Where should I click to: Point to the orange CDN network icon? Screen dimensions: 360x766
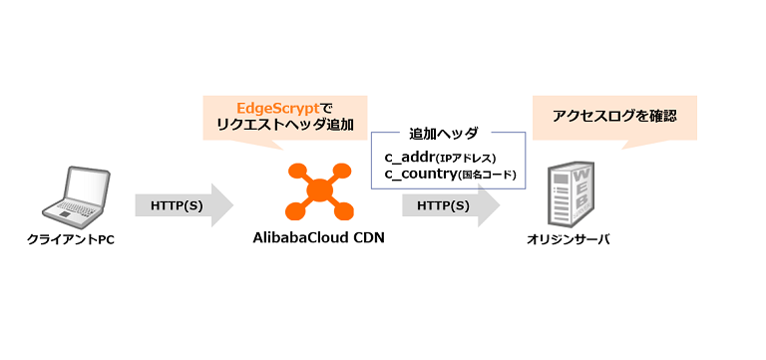[319, 190]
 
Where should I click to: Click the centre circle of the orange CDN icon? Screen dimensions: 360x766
[319, 189]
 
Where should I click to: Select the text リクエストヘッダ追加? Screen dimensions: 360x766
[283, 125]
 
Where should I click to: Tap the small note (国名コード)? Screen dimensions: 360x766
[486, 176]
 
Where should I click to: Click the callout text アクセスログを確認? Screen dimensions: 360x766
[614, 116]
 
